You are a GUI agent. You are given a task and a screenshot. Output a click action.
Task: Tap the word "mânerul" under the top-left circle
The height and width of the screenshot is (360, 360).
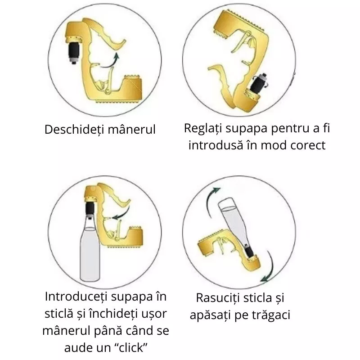[x=133, y=130]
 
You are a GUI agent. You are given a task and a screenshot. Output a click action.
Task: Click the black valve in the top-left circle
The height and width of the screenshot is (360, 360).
[x=74, y=52]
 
